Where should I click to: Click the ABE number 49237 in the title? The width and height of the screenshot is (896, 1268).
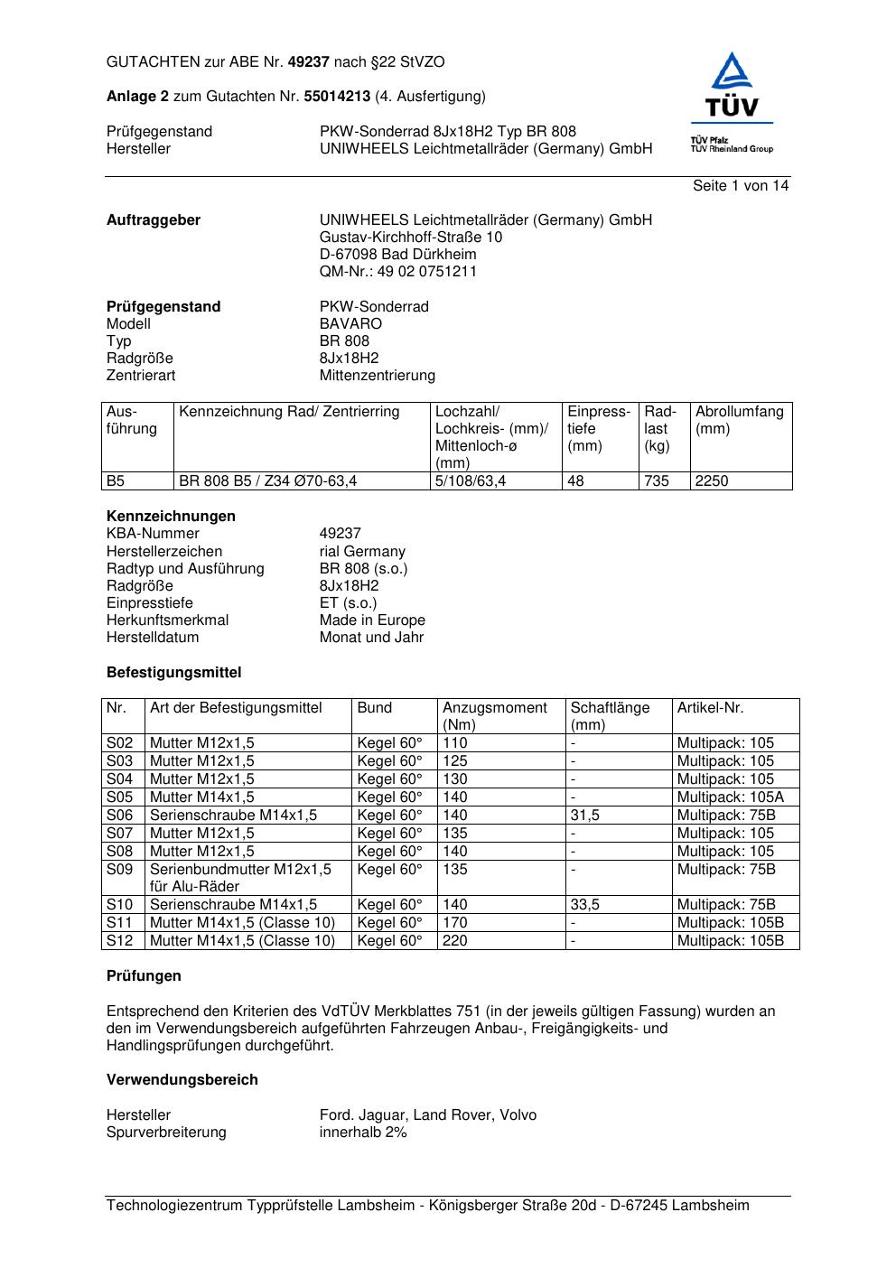point(309,62)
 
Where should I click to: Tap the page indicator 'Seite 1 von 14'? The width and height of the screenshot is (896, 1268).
point(740,186)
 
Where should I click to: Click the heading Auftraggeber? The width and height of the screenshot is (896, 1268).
point(154,220)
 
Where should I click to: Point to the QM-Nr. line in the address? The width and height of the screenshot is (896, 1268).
point(397,272)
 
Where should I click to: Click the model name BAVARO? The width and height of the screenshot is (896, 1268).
point(350,323)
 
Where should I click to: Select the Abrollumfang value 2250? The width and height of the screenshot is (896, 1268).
point(712,481)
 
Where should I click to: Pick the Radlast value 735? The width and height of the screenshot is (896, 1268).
point(657,481)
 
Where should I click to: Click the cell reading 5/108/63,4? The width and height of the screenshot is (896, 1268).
point(470,481)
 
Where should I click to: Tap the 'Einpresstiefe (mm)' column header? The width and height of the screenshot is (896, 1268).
point(599,428)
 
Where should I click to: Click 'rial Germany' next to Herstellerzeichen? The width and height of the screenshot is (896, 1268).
point(362,551)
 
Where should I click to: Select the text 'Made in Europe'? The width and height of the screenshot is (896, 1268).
point(372,620)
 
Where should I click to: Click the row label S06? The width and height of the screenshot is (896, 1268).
point(119,815)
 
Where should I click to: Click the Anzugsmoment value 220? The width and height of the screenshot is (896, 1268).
point(455,940)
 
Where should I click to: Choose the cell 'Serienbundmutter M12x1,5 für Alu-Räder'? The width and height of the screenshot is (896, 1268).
point(240,878)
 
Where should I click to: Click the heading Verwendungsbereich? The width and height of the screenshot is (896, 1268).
point(182,1080)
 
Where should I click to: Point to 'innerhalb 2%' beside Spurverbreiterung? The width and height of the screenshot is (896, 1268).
point(363,1133)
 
